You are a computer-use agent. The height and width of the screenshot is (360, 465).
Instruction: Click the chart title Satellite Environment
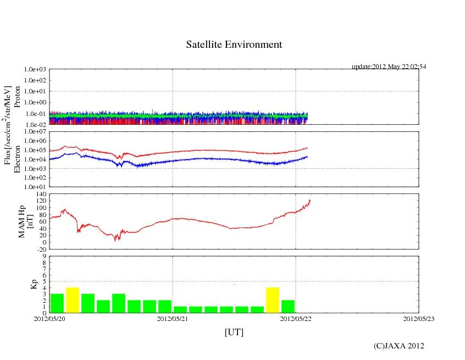[x=234, y=45]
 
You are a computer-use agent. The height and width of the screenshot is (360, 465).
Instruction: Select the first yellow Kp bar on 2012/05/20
[x=73, y=300]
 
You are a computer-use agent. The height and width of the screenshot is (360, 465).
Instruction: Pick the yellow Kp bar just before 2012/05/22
[x=273, y=300]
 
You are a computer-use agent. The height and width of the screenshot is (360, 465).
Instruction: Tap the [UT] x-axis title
[x=234, y=332]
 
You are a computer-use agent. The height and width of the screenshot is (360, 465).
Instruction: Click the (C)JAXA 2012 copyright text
[x=398, y=346]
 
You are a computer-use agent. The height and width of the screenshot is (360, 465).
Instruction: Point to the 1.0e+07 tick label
[x=36, y=132]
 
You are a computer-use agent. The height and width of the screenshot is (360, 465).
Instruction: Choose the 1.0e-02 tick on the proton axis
[x=36, y=125]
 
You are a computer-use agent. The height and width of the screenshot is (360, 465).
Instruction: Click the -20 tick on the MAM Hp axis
[x=41, y=249]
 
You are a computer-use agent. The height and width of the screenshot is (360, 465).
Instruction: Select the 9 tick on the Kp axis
[x=45, y=256]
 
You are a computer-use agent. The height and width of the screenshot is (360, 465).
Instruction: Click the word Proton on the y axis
[x=17, y=98]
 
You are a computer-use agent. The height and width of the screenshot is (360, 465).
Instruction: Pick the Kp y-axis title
[x=33, y=285]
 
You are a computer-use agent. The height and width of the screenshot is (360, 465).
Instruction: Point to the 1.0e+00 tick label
[x=36, y=103]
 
